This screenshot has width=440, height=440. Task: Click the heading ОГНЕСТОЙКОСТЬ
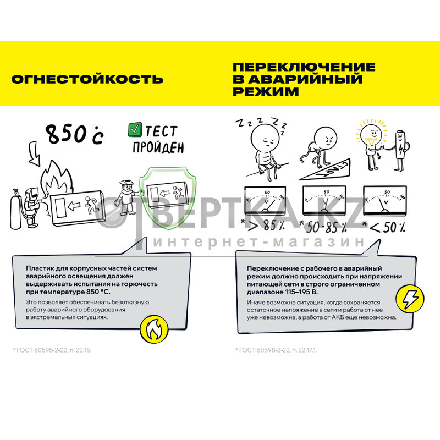(87, 79)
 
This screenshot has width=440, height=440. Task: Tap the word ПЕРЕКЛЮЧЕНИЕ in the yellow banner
(304, 67)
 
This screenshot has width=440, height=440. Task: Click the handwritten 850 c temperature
(75, 134)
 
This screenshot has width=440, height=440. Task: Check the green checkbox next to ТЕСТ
(135, 130)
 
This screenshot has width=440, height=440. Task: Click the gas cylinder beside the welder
(16, 209)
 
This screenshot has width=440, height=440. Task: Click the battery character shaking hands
(400, 150)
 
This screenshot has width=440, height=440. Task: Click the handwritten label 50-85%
(323, 227)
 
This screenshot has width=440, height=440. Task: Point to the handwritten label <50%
(384, 227)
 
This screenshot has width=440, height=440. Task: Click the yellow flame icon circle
(154, 329)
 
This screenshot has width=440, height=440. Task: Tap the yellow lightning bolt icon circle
(410, 299)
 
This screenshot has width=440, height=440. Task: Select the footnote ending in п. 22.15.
(52, 350)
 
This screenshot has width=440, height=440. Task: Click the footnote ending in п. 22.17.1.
(277, 350)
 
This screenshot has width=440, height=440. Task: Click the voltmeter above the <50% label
(384, 200)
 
